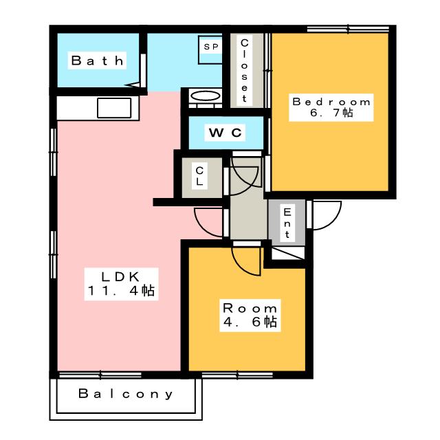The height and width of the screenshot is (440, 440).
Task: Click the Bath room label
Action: pyautogui.click(x=97, y=60)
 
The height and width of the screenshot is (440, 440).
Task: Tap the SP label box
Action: pyautogui.click(x=210, y=46)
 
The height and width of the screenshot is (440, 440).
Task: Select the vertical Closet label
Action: pyautogui.click(x=244, y=70)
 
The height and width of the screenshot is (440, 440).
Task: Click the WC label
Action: pyautogui.click(x=225, y=132)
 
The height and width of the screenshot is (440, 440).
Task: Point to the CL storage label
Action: pyautogui.click(x=199, y=176)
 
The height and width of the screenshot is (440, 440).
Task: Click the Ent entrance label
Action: pyautogui.click(x=287, y=223)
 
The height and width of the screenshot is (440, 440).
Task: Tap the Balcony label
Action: pyautogui.click(x=125, y=394)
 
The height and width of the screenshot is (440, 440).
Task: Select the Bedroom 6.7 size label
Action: pyautogui.click(x=331, y=107)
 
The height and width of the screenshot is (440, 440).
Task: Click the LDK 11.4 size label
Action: pyautogui.click(x=121, y=284)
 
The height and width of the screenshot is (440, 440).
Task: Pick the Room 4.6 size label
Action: pyautogui.click(x=250, y=316)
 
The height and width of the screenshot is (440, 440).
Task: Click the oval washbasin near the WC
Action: pyautogui.click(x=206, y=96)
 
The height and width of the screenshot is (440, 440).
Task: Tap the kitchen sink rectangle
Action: pyautogui.click(x=114, y=108)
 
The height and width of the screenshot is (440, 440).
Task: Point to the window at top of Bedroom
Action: pyautogui.click(x=348, y=29)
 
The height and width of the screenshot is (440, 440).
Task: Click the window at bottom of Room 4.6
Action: pyautogui.click(x=237, y=375)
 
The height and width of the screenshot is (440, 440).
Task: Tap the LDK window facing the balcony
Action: pyautogui.click(x=100, y=375)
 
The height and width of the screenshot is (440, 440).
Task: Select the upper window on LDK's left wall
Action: pyautogui.click(x=54, y=153)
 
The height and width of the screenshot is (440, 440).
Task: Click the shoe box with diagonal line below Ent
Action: pyautogui.click(x=288, y=253)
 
